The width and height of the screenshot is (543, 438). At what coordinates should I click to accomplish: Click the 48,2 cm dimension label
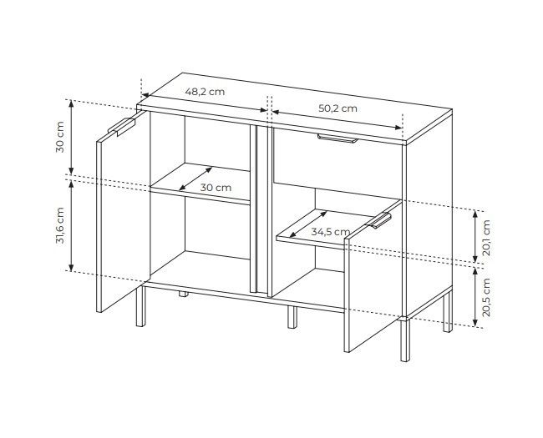pos(205,92)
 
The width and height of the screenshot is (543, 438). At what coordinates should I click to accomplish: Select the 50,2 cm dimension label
pos(337,108)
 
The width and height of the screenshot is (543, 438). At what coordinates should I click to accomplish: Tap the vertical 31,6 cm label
pos(60,225)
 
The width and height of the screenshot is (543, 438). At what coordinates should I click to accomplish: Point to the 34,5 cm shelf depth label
pos(331,231)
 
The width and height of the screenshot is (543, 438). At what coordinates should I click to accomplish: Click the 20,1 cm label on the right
pos(486,238)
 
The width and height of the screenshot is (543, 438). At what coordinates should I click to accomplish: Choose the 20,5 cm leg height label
pos(486,297)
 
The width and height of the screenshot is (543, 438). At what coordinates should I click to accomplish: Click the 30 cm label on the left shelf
pos(216,188)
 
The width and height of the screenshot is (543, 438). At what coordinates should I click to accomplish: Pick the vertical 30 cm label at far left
pos(60,137)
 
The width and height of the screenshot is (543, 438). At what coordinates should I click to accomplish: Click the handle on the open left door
pos(122,127)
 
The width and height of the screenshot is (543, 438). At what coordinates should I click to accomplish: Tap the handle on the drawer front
pos(337,138)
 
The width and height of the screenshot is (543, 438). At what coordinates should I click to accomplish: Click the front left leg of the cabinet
pos(140,306)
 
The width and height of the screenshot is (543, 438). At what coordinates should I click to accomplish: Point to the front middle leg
pos(292,317)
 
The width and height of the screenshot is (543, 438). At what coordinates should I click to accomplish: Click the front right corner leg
pos(405,340)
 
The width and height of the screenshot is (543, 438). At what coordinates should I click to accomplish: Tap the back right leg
pos(448,312)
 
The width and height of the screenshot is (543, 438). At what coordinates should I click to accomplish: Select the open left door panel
pos(124,212)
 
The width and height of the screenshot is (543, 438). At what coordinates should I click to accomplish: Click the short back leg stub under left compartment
pos(184,295)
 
